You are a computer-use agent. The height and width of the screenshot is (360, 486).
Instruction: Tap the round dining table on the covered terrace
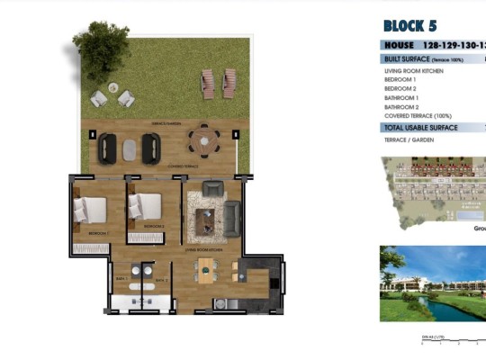click(203, 139)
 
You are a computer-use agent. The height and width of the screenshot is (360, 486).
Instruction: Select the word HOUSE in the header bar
click(399, 45)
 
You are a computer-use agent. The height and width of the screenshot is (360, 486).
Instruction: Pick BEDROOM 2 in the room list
click(400, 88)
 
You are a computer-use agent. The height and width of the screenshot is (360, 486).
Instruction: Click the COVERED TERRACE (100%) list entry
click(418, 116)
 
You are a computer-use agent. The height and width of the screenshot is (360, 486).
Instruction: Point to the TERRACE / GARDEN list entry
click(406, 141)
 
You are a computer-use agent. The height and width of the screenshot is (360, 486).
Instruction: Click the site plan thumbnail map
click(432, 188)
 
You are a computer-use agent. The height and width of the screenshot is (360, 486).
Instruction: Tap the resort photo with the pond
click(432, 283)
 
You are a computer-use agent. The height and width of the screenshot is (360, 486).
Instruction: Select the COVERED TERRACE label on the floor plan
click(183, 166)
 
